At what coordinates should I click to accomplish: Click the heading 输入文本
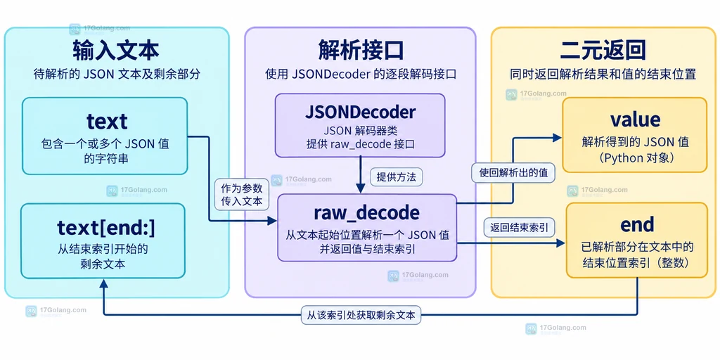click(116, 50)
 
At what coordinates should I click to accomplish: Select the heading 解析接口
click(361, 50)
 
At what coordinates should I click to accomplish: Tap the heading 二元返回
click(603, 50)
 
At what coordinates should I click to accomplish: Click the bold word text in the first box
click(107, 122)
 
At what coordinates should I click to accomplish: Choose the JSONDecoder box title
click(361, 112)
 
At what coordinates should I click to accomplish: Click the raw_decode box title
click(366, 213)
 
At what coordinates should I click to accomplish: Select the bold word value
click(635, 120)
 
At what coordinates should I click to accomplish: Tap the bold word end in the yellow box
click(637, 225)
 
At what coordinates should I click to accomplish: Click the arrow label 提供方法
click(396, 176)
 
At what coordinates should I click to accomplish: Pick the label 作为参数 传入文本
click(242, 194)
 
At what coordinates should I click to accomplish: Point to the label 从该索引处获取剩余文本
click(361, 316)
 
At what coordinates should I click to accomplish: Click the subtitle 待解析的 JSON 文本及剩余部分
click(117, 75)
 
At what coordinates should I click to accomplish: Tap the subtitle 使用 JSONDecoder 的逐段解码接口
click(361, 75)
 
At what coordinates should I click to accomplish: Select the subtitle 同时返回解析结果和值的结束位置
click(603, 75)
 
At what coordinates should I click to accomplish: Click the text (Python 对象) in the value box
click(635, 157)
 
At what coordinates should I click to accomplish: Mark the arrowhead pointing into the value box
click(557, 137)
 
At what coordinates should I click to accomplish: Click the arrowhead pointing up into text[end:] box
click(103, 285)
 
